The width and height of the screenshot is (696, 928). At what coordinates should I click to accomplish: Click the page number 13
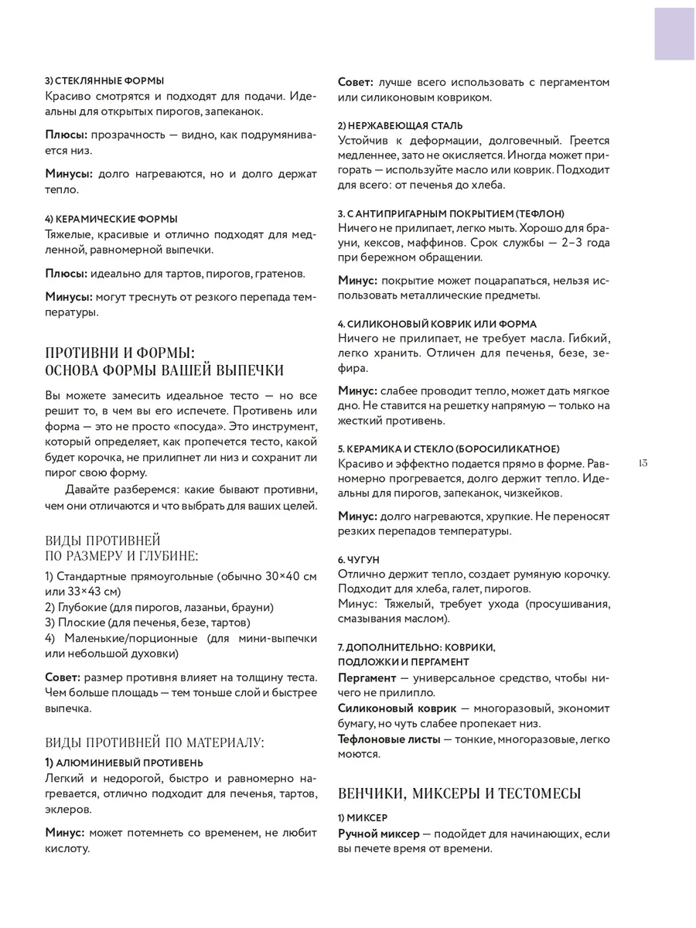click(x=643, y=463)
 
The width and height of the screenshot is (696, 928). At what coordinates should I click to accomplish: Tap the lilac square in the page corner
click(x=674, y=31)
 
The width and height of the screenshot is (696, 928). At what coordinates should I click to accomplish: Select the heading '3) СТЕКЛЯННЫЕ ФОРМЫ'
click(x=104, y=80)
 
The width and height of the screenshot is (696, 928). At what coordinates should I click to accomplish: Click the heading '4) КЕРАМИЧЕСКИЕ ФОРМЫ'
click(x=111, y=219)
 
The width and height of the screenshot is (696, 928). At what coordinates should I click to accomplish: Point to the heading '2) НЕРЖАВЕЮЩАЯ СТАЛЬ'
click(x=401, y=125)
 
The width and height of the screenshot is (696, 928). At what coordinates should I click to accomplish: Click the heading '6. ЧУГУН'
click(x=359, y=558)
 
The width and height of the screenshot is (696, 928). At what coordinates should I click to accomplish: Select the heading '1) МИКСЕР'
click(x=363, y=817)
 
